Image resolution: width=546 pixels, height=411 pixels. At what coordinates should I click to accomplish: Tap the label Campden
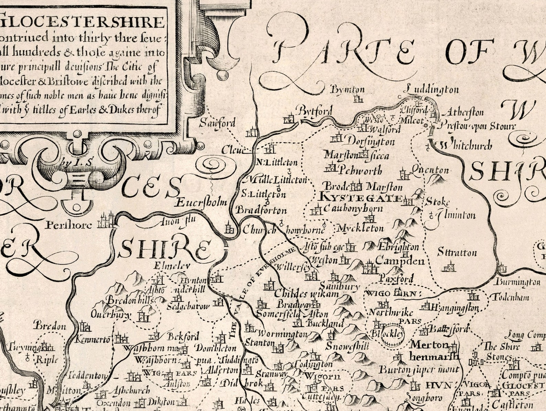(400, 261)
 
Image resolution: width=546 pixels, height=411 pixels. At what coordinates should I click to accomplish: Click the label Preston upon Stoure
(478, 126)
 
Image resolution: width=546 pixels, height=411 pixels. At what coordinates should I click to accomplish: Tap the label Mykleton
(360, 229)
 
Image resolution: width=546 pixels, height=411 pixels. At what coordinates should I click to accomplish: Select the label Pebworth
(360, 170)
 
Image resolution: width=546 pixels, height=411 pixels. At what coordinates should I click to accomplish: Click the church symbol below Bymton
(358, 99)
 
